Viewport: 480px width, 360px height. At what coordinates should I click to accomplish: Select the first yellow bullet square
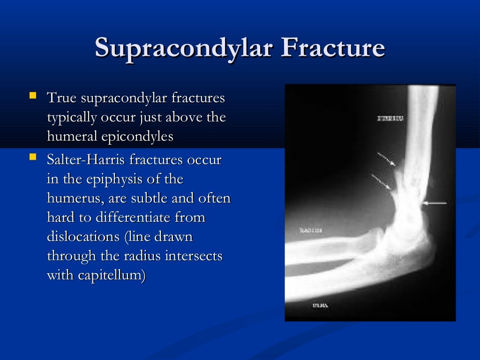coord(32,96)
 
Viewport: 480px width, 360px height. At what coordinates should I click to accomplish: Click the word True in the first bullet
coord(62,98)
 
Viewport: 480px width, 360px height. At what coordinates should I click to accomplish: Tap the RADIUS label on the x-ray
coord(310,231)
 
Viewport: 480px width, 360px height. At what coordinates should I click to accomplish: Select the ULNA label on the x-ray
coord(321,306)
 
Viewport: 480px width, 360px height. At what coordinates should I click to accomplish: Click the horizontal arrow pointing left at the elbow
coord(435,203)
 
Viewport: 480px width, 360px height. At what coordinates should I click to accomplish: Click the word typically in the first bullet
coord(71,117)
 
